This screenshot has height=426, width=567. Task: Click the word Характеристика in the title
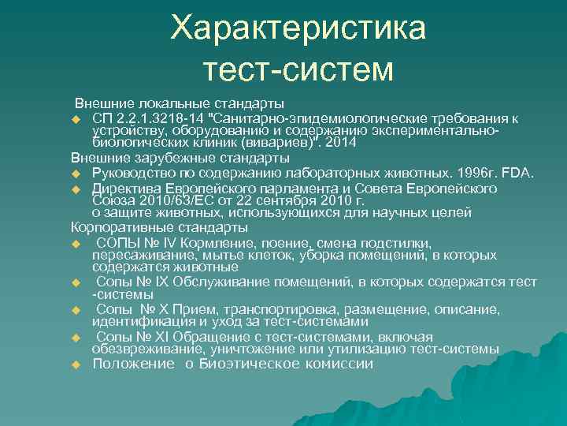point(298,29)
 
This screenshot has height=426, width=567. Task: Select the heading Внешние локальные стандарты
point(180,104)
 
